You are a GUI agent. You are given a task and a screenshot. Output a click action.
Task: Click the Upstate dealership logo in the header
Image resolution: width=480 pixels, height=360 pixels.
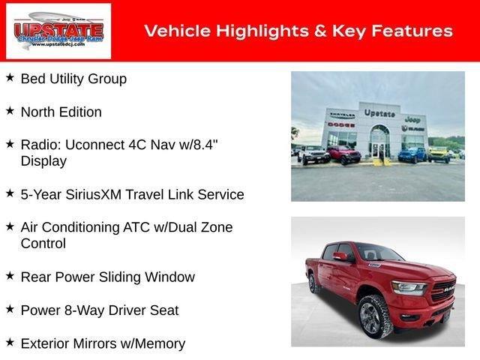(58, 31)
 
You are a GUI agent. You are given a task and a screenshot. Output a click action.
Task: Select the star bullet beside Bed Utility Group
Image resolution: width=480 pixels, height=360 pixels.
(10, 77)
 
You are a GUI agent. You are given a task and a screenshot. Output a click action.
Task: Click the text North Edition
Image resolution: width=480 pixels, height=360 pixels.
(61, 112)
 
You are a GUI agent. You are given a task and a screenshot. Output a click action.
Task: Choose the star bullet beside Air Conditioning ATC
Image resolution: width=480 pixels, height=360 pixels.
(10, 226)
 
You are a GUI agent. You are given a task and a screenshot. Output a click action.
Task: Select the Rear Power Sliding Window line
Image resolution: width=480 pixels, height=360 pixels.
(107, 277)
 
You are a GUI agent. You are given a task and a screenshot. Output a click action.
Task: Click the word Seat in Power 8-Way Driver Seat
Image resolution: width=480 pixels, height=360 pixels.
(164, 310)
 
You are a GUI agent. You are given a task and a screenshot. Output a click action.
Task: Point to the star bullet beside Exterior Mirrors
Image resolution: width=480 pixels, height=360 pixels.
(10, 342)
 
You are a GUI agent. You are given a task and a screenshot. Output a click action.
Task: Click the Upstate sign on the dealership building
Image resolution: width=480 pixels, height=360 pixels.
(379, 113)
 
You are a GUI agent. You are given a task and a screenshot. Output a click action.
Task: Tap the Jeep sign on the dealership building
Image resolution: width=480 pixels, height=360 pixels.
(412, 118)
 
